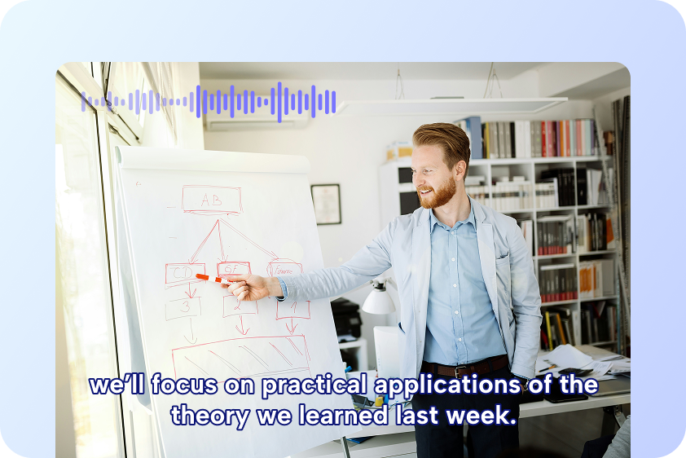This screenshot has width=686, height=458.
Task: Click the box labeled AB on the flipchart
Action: pos(211,200)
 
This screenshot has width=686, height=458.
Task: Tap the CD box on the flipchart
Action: pos(185,272)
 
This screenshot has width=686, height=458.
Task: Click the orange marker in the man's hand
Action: pos(210,279)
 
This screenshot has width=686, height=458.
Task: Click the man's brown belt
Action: pos(464,367)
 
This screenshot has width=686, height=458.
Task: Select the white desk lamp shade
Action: pos(378,301)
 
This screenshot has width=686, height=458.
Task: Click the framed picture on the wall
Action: pos(326,204)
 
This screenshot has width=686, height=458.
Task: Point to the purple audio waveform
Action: pos(209,102)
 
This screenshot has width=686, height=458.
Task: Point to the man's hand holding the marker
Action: pos(248,286)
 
